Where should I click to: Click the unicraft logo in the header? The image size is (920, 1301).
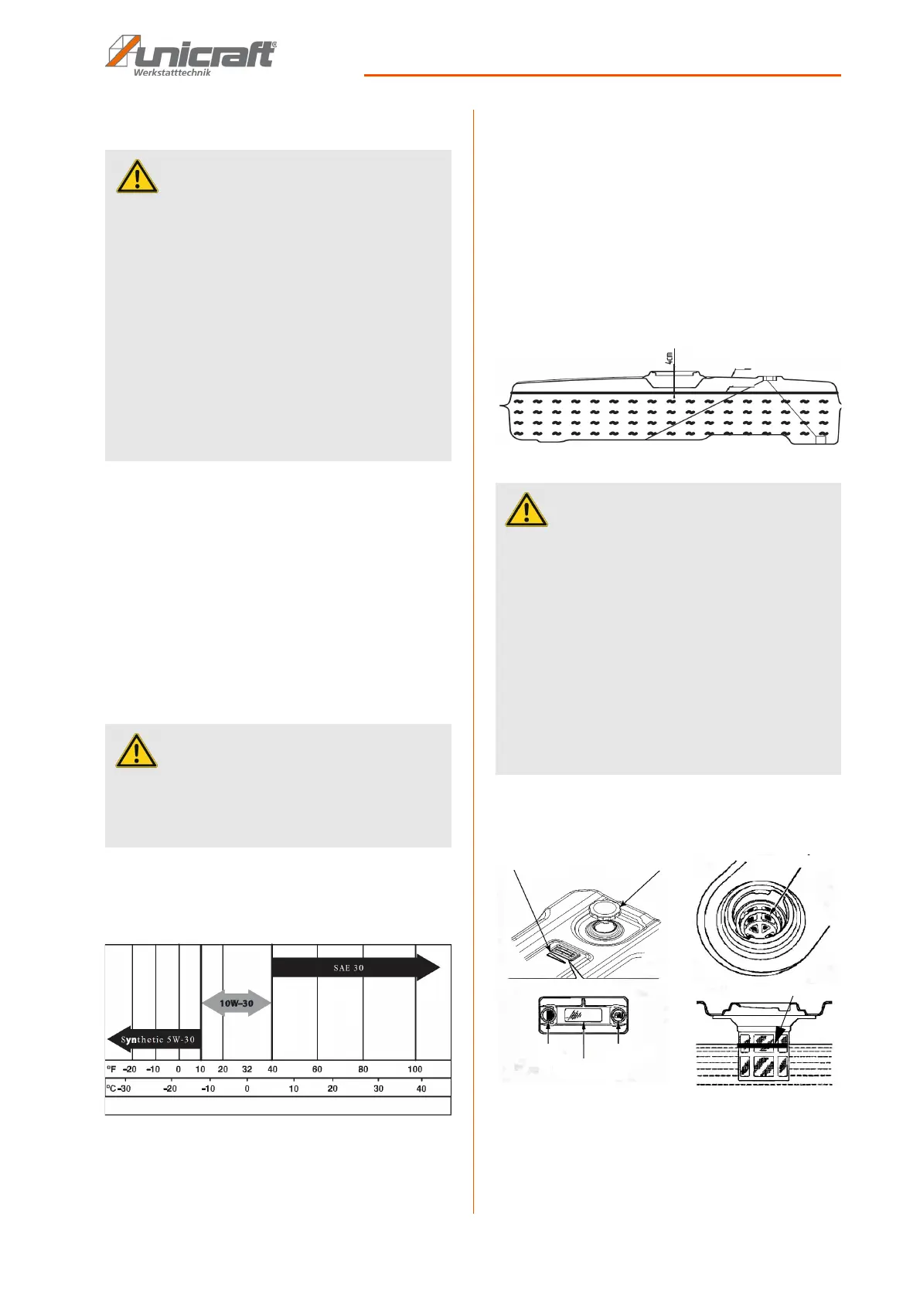[190, 52]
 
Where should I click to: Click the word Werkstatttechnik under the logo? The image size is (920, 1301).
[172, 73]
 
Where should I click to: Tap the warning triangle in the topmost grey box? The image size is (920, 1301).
[137, 177]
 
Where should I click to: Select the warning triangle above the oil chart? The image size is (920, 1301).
[136, 751]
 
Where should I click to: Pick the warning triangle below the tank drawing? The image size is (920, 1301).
[526, 511]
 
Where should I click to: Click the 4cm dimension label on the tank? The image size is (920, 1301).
[670, 358]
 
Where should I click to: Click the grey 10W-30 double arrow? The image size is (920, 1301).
[237, 1004]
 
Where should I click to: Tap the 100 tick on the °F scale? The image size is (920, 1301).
[415, 1069]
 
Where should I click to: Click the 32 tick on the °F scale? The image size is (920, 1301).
[247, 1069]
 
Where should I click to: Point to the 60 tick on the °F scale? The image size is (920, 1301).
[317, 1069]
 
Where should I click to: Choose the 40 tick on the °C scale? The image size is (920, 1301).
[421, 1089]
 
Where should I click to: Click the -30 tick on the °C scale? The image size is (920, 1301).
[124, 1089]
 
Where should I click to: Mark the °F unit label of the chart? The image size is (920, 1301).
[111, 1069]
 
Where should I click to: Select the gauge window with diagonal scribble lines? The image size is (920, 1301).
[582, 1016]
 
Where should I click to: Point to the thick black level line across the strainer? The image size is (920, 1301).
[764, 1045]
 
